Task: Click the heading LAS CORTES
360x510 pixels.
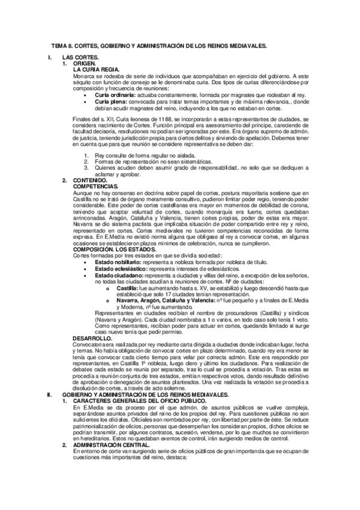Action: [x=81, y=57]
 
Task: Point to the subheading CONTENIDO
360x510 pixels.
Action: [x=90, y=180]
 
